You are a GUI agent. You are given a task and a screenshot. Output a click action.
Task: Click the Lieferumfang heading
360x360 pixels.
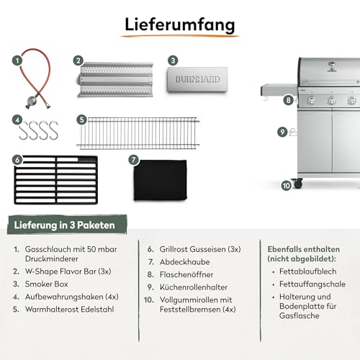point(180,25)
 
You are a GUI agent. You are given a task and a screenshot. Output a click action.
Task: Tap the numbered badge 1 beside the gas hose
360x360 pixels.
point(17,60)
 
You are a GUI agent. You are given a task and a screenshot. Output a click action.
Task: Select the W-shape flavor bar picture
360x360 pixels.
point(115,80)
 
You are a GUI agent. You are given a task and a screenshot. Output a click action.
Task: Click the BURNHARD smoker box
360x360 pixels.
point(197,80)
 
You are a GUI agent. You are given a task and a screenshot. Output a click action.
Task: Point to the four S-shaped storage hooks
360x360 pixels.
point(39,130)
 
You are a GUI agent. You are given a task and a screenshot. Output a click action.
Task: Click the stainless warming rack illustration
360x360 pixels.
point(138,133)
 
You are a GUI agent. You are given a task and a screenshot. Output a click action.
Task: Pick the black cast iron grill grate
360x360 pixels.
point(56,180)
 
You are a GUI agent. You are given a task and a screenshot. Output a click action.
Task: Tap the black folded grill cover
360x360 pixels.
point(161,180)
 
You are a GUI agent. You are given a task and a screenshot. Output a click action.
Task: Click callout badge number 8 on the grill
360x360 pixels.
point(288,100)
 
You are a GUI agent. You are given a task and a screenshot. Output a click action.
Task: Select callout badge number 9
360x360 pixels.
point(282,132)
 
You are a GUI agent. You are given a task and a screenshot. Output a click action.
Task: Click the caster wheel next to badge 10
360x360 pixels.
point(297,184)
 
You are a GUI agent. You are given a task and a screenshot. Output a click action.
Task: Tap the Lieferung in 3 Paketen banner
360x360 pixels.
point(67,225)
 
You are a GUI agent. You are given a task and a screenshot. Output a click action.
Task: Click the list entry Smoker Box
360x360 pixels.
point(46,284)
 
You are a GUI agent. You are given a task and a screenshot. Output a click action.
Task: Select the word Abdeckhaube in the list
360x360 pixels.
point(184,262)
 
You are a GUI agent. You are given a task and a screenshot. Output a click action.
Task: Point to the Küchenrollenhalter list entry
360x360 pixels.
point(194,287)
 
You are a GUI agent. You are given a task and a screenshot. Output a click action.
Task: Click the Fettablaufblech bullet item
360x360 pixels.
point(307,271)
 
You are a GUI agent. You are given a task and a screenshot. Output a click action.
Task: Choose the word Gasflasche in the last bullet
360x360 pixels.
point(299,315)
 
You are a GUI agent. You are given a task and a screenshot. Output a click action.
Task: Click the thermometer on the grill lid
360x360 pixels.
point(331,65)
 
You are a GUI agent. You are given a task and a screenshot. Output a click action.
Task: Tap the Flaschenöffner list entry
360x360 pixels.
point(186,274)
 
